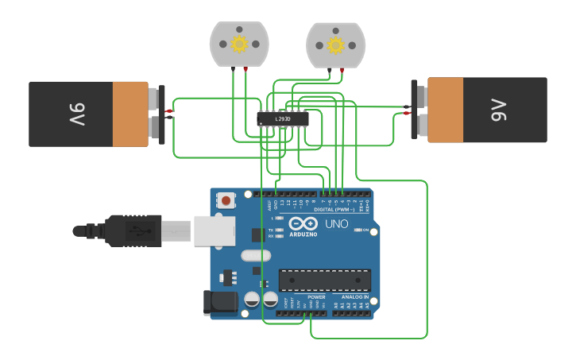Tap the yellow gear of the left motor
[x=239, y=44]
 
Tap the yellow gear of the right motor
[x=335, y=45]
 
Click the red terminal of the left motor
[x=245, y=71]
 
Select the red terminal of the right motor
[x=342, y=71]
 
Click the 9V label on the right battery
[x=498, y=110]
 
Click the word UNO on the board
[x=336, y=224]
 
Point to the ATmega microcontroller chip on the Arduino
[x=324, y=281]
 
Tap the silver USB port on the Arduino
[x=215, y=230]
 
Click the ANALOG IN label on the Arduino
[x=354, y=297]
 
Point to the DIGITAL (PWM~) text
[x=336, y=209]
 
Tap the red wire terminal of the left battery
[x=169, y=111]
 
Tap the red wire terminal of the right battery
[x=406, y=114]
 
